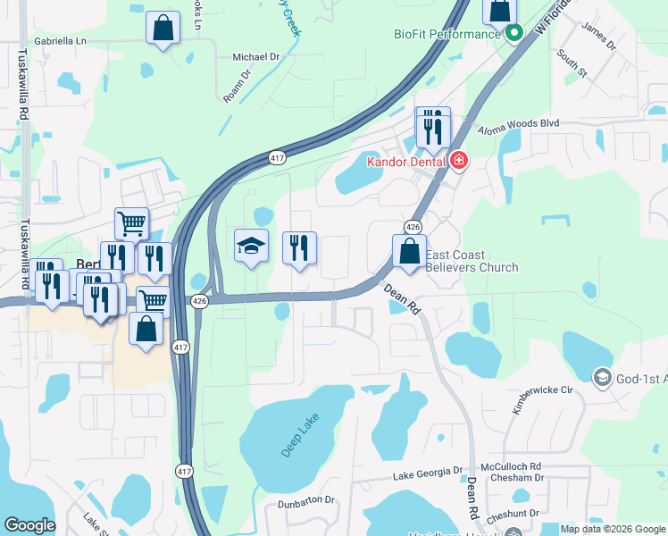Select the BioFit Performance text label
447,34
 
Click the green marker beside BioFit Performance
514,35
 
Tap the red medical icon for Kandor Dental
459,161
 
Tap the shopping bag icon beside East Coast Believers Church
409,251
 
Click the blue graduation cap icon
252,246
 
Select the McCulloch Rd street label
511,466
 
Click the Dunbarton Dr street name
304,501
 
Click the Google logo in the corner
29,525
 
